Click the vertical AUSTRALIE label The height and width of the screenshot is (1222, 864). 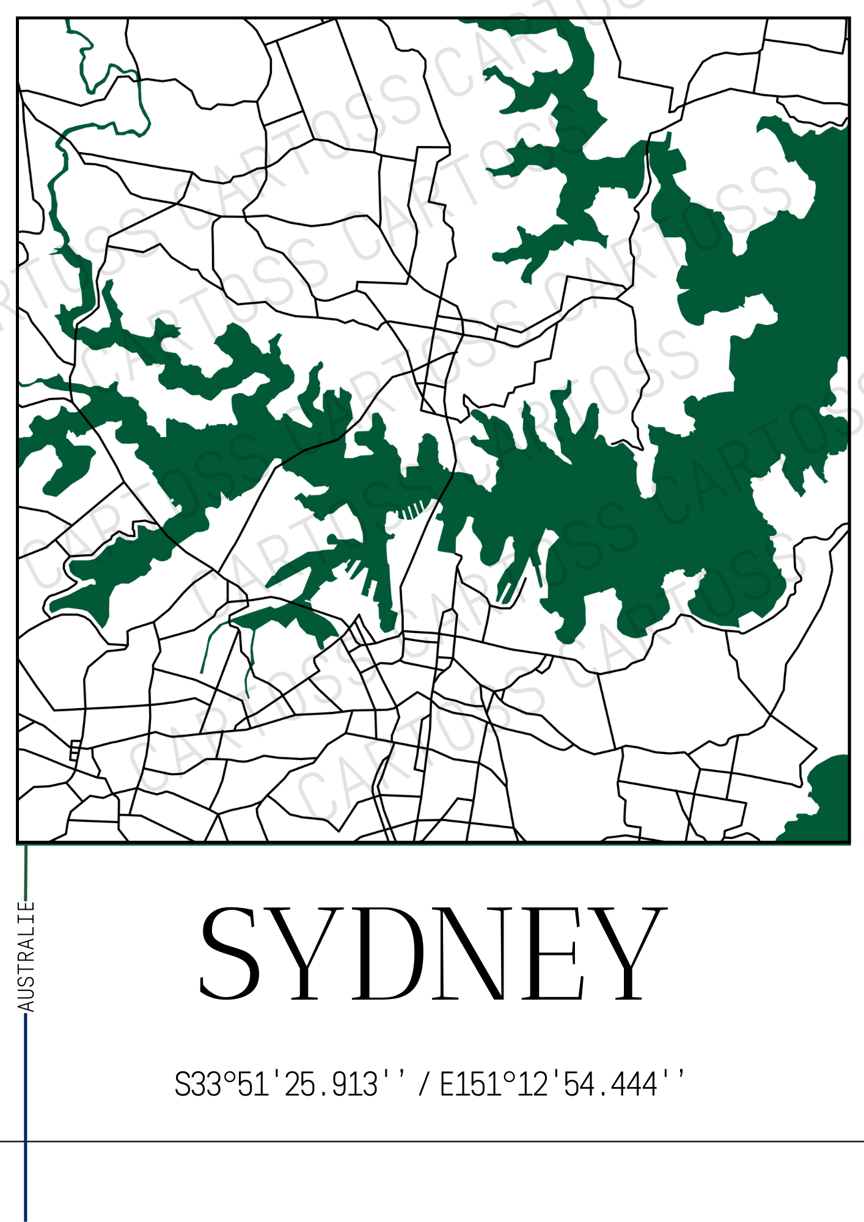(x=26, y=956)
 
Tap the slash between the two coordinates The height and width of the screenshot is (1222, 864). (x=423, y=1085)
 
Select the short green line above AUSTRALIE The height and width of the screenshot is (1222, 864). (x=26, y=871)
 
